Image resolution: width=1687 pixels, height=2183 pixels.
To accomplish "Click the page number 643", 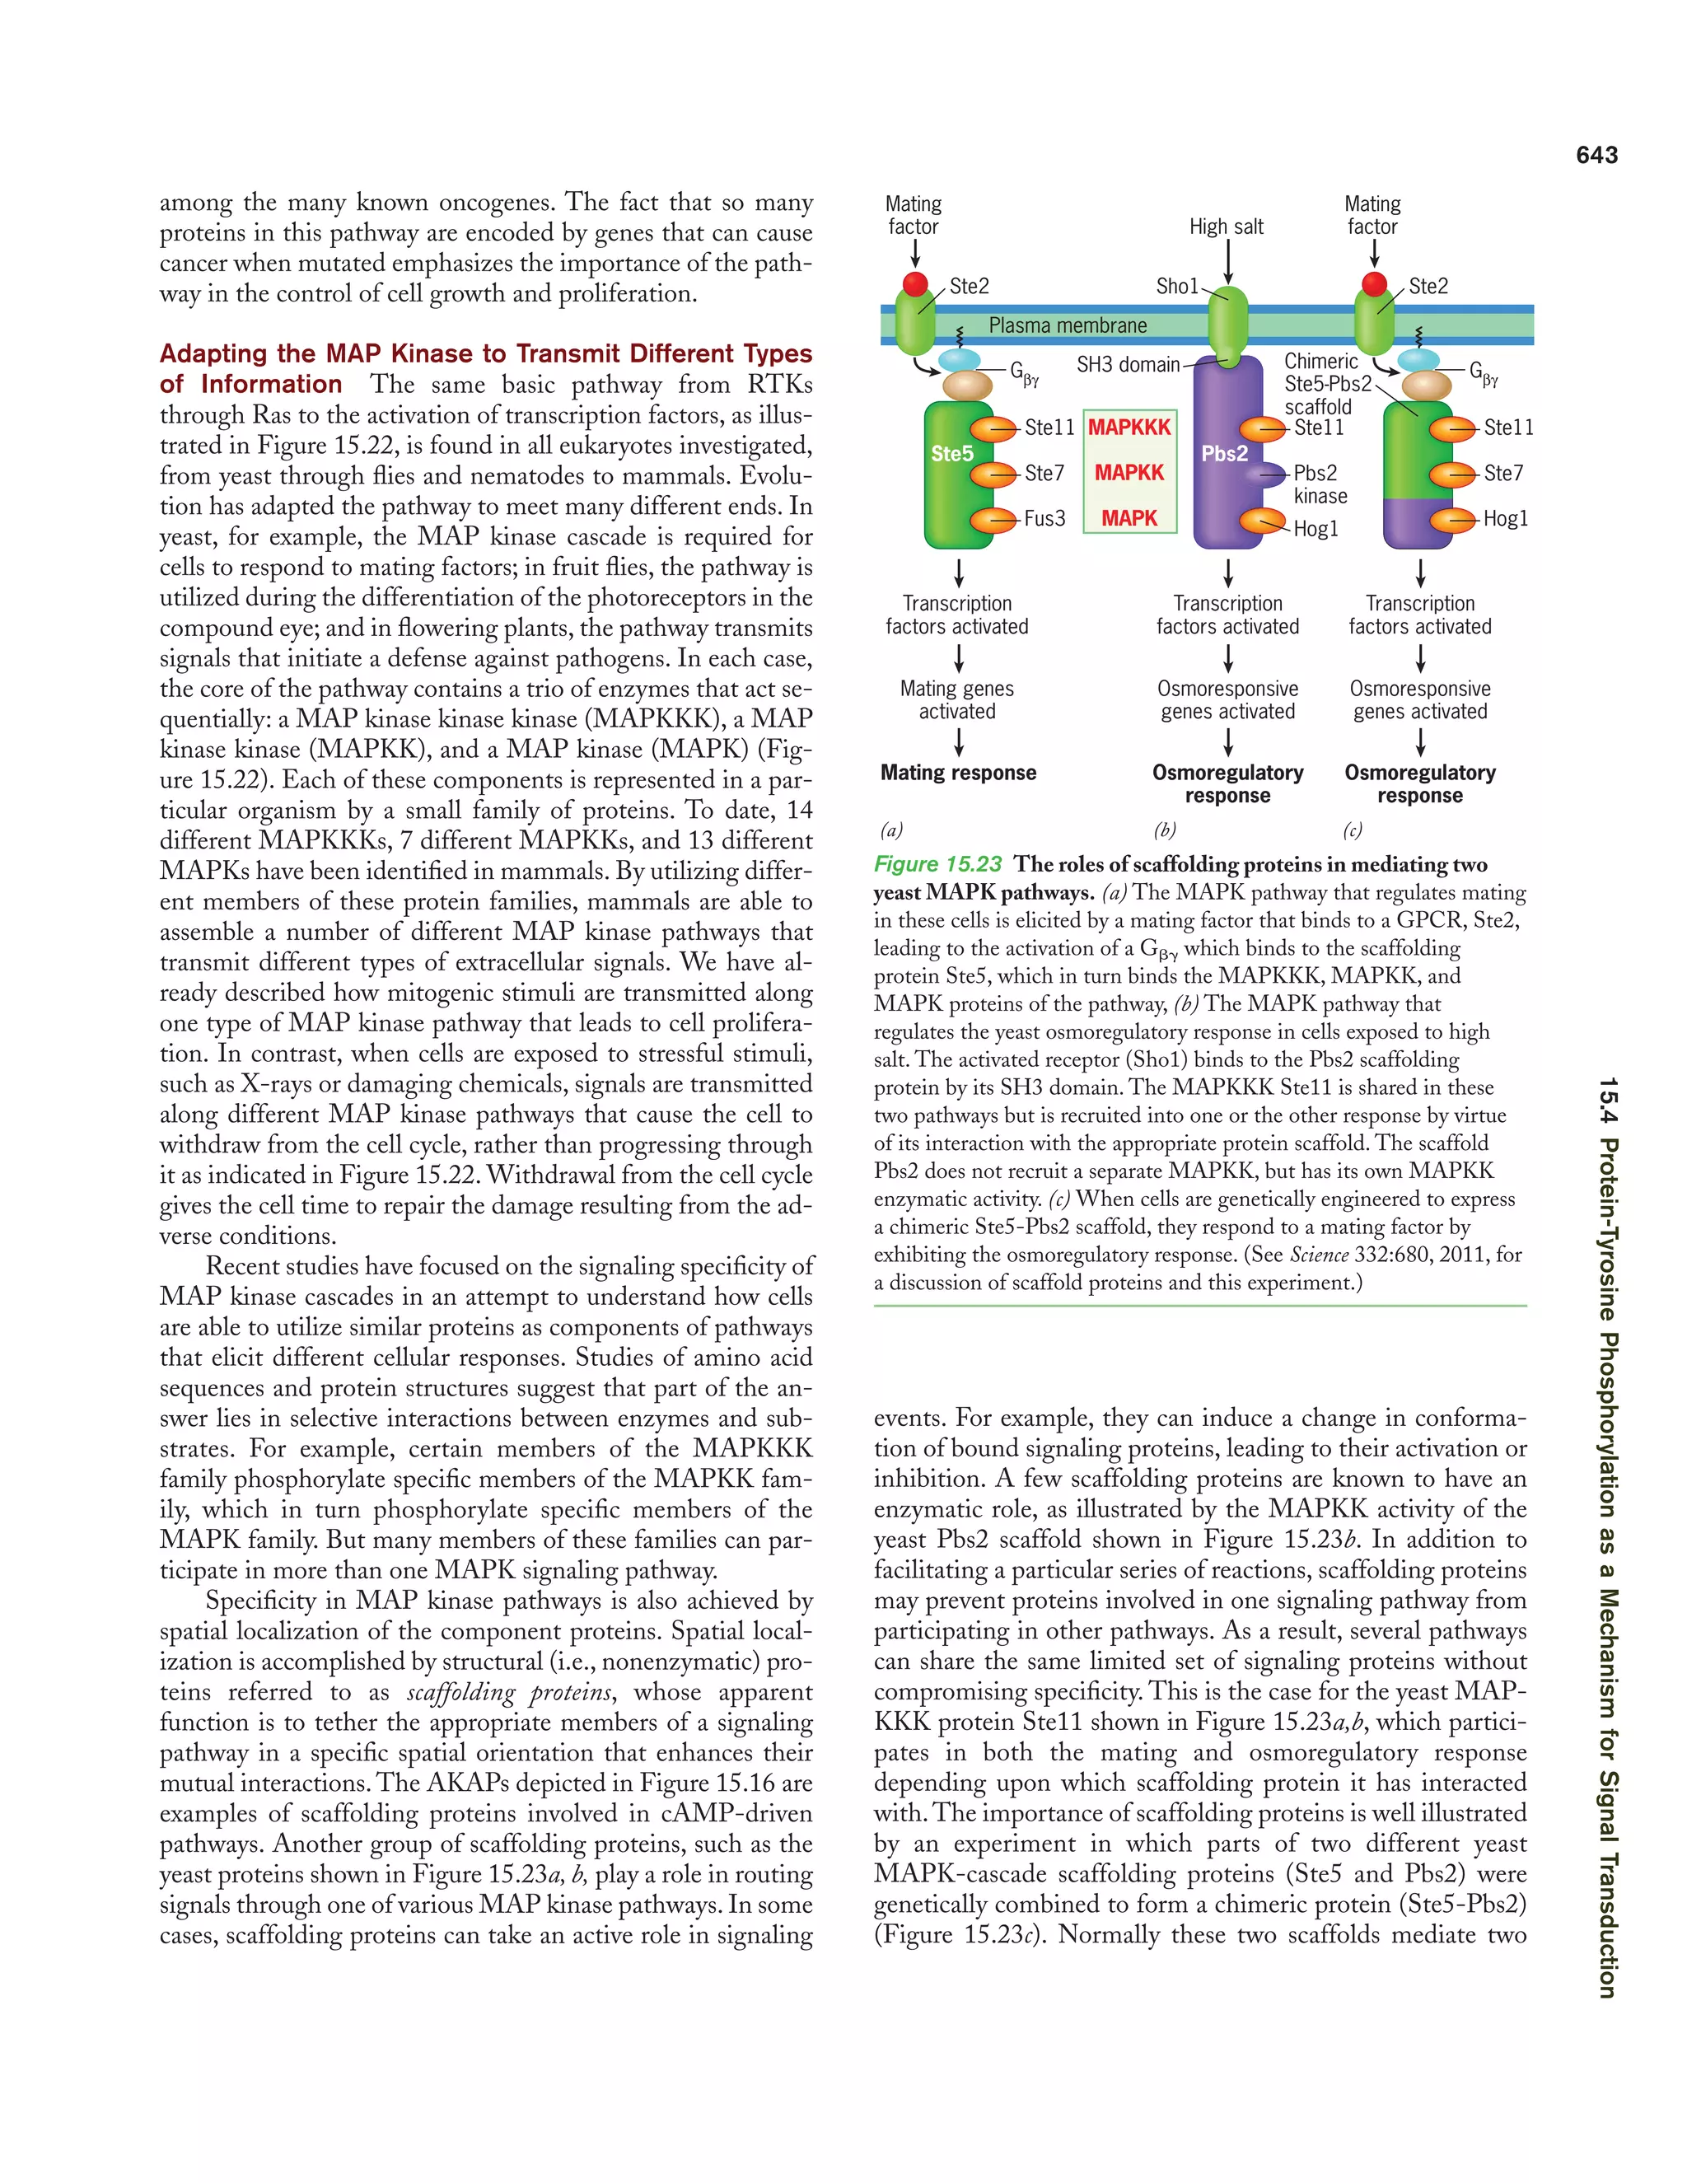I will pos(1596,155).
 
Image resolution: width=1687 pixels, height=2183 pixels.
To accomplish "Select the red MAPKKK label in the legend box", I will pos(1129,428).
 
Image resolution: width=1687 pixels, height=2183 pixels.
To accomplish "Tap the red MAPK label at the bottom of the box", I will pos(1129,518).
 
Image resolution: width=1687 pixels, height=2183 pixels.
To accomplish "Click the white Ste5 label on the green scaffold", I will pos(951,454).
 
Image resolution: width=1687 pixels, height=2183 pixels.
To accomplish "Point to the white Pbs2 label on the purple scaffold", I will pos(1224,454).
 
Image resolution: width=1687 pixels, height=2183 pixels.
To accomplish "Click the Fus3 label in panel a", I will pos(1044,519).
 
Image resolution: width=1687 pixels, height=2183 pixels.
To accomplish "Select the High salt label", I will pos(1227,227).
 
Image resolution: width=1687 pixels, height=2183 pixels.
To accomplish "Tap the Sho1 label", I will pos(1176,287).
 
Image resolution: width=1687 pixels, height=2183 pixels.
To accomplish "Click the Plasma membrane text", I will pos(1068,326).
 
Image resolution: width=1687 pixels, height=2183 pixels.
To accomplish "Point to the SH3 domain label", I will pos(1128,365).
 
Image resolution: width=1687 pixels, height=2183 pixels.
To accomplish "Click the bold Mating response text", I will pos(957,773).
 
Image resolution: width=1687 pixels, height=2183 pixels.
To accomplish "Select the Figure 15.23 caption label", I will pos(937,865).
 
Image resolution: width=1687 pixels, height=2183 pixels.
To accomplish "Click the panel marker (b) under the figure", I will pos(1164,830).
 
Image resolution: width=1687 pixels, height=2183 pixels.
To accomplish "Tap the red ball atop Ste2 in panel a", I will pos(914,283).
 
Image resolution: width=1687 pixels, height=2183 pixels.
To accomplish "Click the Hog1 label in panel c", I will pos(1505,519).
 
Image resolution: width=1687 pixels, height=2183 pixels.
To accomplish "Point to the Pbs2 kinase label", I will pos(1320,484).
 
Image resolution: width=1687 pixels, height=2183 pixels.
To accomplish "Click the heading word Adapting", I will pos(215,354).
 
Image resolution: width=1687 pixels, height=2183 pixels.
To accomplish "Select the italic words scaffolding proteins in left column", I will pos(510,1692).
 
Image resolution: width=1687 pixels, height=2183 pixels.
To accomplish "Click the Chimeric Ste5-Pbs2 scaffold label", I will pos(1327,384).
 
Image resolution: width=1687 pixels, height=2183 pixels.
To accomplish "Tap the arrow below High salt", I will pos(1228,262).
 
